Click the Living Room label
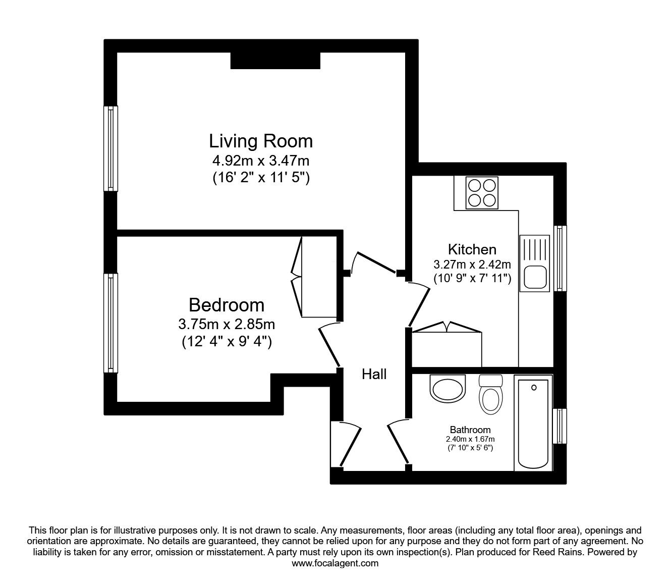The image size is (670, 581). coord(261,141)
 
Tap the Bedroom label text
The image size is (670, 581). coord(227,305)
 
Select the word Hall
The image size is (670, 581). coord(374,375)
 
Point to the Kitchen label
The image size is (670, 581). coord(472,249)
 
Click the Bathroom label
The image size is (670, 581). coord(470,430)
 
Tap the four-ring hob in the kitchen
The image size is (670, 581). coord(482,193)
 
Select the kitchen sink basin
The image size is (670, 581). coord(535,277)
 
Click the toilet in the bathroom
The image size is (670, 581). coord(490,394)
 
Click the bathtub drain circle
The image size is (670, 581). coord(534,387)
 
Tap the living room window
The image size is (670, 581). coord(110,148)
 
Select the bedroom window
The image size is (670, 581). coord(110,323)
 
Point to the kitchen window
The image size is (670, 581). coord(560,258)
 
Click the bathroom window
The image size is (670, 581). coord(560,426)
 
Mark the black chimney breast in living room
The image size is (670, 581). coord(275,61)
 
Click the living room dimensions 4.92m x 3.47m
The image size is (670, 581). coord(261,161)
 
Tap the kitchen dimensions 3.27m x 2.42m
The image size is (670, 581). coord(472,265)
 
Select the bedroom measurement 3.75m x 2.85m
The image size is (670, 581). coord(227,324)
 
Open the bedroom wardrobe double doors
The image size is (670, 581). coord(297,277)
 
